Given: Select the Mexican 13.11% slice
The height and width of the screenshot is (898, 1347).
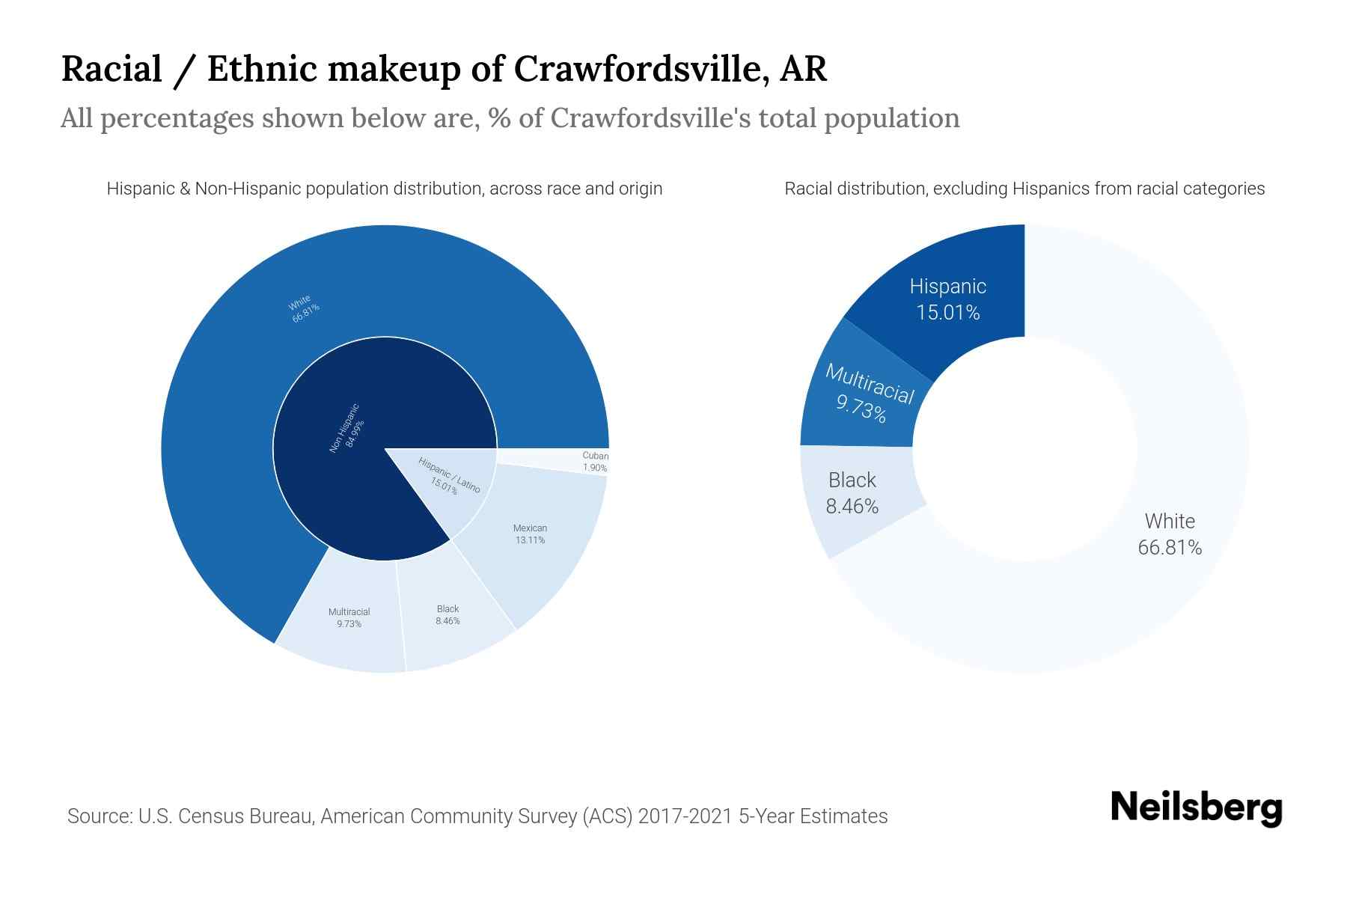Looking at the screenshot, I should pos(530,534).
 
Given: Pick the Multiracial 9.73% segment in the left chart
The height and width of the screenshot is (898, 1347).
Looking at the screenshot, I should pos(349,617).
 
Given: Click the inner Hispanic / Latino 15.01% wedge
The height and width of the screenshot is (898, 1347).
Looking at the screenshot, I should pos(449,476).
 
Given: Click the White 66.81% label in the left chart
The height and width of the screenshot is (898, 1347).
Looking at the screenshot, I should pos(304,308).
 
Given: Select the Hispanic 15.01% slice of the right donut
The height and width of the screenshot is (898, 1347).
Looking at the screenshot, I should pos(947,299).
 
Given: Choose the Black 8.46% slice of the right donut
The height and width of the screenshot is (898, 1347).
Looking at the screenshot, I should pos(852,493).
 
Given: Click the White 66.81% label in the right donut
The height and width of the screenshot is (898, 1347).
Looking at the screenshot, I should pos(1170,534).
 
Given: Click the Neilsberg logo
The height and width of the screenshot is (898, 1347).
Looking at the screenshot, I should pos(1196,808).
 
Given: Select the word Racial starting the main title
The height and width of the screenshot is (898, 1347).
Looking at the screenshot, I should pos(112,69).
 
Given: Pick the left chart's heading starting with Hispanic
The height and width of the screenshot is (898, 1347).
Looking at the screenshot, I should pos(385,189).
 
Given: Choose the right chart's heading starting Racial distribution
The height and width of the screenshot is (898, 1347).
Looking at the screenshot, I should pos(1024,189).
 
